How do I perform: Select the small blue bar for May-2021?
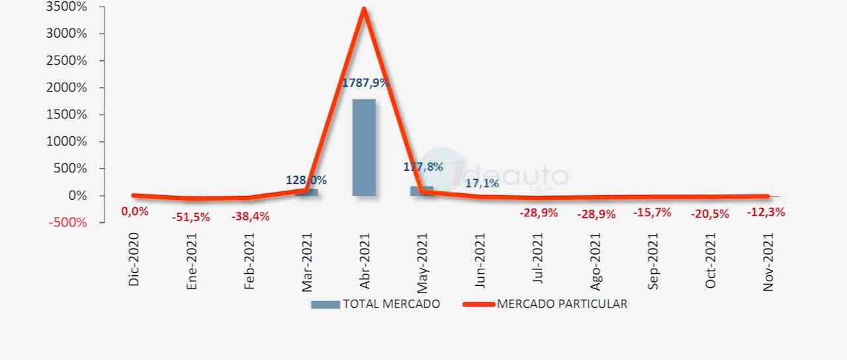pyautogui.click(x=421, y=191)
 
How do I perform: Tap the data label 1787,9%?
pyautogui.click(x=365, y=83)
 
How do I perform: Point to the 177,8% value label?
pyautogui.click(x=423, y=167)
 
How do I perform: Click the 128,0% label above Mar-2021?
pyautogui.click(x=306, y=180)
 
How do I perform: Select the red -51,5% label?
pyautogui.click(x=191, y=217)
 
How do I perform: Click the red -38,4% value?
pyautogui.click(x=249, y=216)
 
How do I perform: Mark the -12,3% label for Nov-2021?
pyautogui.click(x=766, y=212)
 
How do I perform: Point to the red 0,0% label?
pyautogui.click(x=134, y=212)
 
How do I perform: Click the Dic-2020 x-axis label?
pyautogui.click(x=135, y=260)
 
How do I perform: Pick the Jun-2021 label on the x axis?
pyautogui.click(x=480, y=260)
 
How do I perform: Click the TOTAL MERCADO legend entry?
pyautogui.click(x=376, y=304)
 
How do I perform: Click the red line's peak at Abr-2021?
pyautogui.click(x=364, y=9)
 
